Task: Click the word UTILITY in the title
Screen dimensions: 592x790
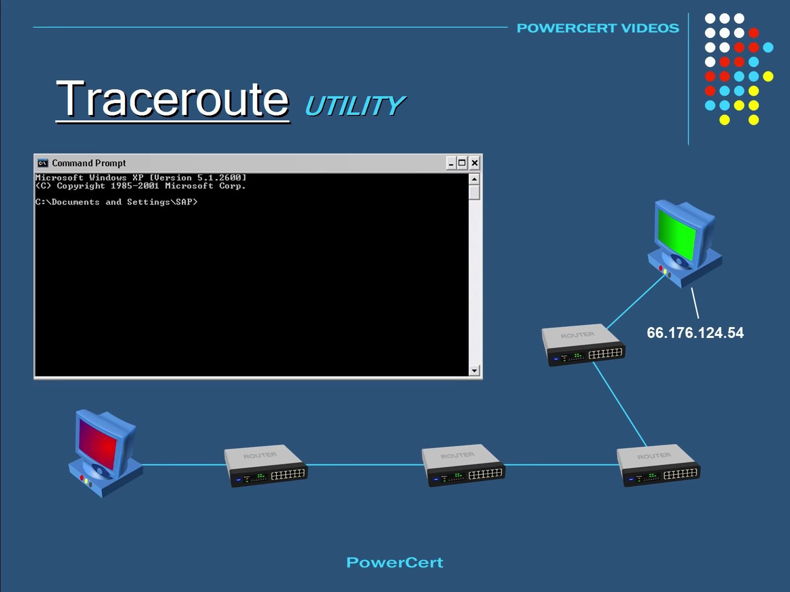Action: click(354, 106)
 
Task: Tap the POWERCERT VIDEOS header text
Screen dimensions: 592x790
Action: click(597, 28)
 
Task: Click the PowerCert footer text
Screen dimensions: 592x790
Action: click(395, 562)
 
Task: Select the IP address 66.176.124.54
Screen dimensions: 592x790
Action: click(695, 333)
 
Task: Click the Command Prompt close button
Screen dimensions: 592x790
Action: click(474, 163)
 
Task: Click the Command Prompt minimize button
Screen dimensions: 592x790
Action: click(451, 163)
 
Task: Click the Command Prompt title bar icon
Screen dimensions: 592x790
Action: click(43, 163)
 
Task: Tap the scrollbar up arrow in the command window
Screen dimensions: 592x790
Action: click(474, 179)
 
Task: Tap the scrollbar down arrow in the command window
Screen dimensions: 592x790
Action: click(474, 370)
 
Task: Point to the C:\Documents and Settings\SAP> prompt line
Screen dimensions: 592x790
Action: click(117, 202)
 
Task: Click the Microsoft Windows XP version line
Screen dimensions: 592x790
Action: click(141, 178)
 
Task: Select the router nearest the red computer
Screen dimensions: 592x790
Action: click(266, 466)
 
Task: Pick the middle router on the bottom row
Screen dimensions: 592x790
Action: click(463, 466)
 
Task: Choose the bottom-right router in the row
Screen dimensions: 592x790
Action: click(659, 466)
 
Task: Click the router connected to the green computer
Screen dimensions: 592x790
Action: click(583, 345)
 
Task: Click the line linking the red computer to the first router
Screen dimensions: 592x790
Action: click(183, 464)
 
